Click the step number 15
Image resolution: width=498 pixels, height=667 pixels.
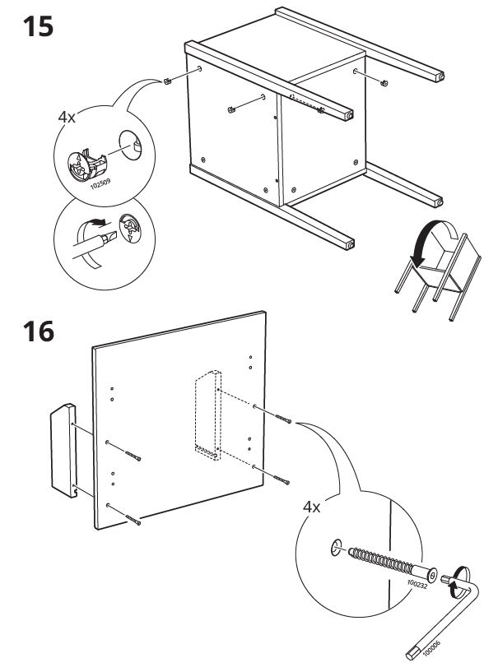coord(38,26)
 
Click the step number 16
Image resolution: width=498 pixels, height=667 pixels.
coord(39,331)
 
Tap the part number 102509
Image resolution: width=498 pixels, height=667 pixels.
coord(100,183)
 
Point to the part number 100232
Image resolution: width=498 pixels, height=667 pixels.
coord(417,583)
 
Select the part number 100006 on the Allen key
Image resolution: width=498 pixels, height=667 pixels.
coord(431,647)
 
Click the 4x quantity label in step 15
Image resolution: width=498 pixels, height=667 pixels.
coord(67,117)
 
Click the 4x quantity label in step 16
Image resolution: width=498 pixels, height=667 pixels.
coord(312,507)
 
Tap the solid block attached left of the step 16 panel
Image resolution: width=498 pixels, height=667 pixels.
coord(64,450)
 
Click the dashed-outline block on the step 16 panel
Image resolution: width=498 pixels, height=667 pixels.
coord(208,415)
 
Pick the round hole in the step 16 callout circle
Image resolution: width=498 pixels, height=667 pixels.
coord(336,548)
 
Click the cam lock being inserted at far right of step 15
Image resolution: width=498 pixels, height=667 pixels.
coord(384,83)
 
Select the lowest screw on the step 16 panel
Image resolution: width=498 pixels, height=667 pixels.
coord(133,520)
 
